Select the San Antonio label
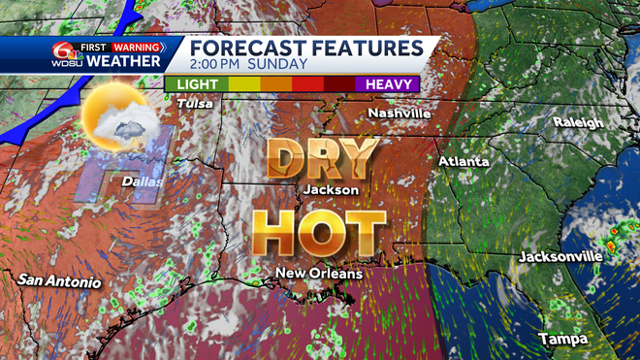click(x=58, y=281)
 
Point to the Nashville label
click(x=399, y=114)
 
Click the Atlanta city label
click(x=464, y=161)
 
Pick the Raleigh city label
click(x=578, y=123)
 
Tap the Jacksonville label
click(x=560, y=256)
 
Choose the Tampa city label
click(x=561, y=338)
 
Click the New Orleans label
click(x=319, y=274)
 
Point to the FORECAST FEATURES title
click(x=304, y=47)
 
